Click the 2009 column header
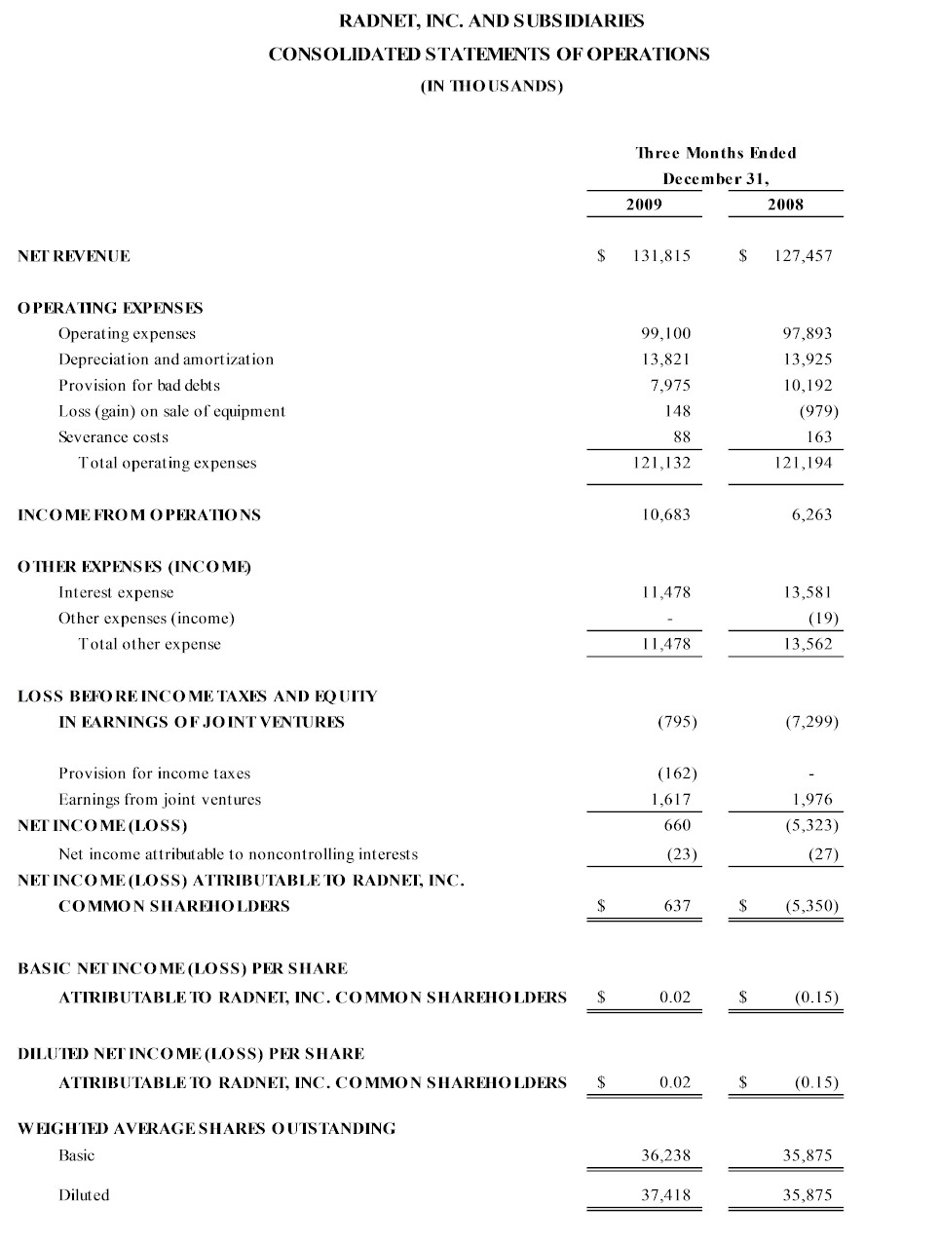pyautogui.click(x=643, y=204)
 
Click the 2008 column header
pyautogui.click(x=785, y=204)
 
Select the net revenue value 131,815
pyautogui.click(x=661, y=256)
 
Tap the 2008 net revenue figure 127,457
pyautogui.click(x=803, y=256)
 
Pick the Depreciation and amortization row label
pyautogui.click(x=166, y=359)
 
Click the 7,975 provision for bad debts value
pyautogui.click(x=670, y=386)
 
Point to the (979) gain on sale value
pyautogui.click(x=818, y=411)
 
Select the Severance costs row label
pyautogui.click(x=113, y=437)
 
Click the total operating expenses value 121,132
pyautogui.click(x=661, y=463)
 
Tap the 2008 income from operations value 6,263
pyautogui.click(x=811, y=514)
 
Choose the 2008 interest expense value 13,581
pyautogui.click(x=808, y=592)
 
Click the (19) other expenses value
pyautogui.click(x=823, y=618)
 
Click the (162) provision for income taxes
pyautogui.click(x=677, y=773)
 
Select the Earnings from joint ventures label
pyautogui.click(x=160, y=800)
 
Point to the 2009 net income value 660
pyautogui.click(x=677, y=825)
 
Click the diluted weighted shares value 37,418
pyautogui.click(x=665, y=1195)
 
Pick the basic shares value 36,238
pyautogui.click(x=665, y=1155)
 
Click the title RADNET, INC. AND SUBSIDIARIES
pyautogui.click(x=491, y=20)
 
